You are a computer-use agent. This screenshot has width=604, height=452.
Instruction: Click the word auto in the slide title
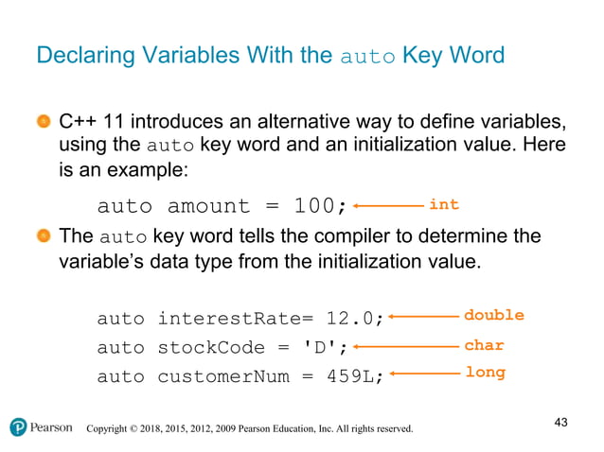click(366, 56)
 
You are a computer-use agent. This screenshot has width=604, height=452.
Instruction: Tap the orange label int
click(443, 204)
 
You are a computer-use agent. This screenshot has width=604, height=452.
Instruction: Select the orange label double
click(493, 316)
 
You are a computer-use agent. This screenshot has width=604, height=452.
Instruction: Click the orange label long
click(485, 373)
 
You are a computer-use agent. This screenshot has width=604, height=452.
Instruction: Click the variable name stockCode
click(198, 347)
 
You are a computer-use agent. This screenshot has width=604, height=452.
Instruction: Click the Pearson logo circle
click(18, 427)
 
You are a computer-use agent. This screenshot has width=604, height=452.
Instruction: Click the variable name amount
click(208, 206)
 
